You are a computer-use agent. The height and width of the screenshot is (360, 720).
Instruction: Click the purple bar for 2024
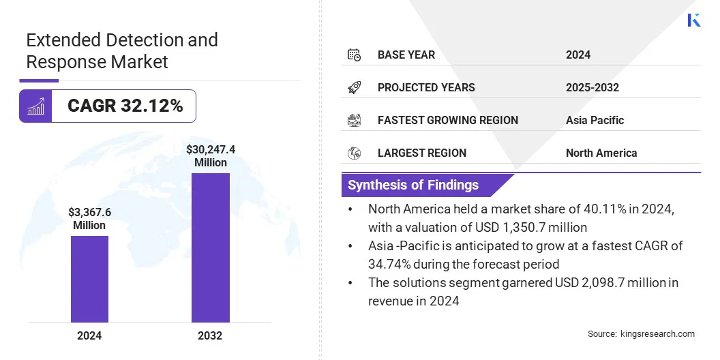click(89, 279)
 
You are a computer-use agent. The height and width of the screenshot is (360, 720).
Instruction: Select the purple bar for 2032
click(210, 247)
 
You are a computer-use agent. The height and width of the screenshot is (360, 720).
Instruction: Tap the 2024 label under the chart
click(89, 335)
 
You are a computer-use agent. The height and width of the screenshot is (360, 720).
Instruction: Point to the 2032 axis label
click(210, 335)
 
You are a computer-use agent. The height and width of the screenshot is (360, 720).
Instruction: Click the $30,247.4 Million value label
click(210, 156)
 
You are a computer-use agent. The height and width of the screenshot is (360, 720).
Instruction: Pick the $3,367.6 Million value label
click(89, 219)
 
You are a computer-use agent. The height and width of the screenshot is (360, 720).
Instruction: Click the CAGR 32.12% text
click(125, 106)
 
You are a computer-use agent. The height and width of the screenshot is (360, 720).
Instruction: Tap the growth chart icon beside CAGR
click(35, 106)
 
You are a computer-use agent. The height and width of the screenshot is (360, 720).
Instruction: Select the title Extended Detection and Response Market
click(122, 50)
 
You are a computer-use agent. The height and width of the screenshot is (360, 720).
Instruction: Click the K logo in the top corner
click(694, 20)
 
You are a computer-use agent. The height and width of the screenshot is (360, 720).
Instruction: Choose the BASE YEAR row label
click(406, 55)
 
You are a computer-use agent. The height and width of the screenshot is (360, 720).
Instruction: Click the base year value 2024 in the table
click(578, 55)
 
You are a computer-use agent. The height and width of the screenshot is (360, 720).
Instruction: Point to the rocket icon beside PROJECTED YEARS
click(354, 87)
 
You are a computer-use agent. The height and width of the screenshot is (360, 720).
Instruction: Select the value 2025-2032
click(592, 87)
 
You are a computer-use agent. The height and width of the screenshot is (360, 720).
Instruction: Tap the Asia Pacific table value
click(595, 120)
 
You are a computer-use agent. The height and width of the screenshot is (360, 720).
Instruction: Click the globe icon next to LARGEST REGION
click(354, 153)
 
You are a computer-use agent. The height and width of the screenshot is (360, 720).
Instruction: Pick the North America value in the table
click(601, 153)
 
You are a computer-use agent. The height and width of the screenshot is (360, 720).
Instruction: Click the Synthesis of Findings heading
click(413, 185)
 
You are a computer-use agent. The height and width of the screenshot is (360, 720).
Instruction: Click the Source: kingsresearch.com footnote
click(641, 333)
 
